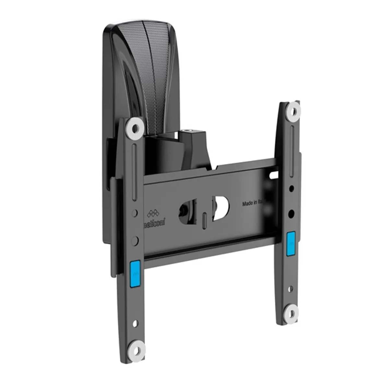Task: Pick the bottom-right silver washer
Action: (292, 313)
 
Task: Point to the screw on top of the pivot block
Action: (187, 131)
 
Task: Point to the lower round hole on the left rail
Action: (136, 240)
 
